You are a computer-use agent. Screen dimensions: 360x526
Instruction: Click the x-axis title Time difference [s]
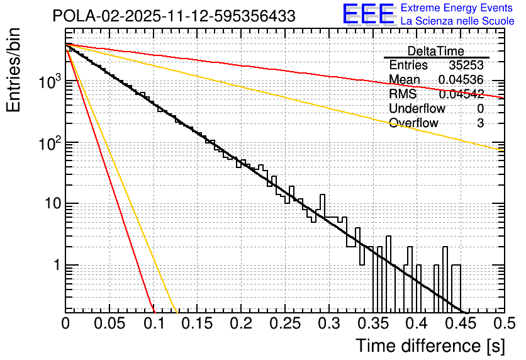tap(429, 345)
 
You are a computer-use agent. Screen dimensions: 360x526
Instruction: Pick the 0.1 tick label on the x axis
tap(154, 324)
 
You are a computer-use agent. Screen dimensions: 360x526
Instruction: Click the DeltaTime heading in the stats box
tap(435, 51)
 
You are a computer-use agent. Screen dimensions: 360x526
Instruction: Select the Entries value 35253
tap(466, 65)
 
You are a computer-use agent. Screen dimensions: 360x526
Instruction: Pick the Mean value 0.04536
tap(461, 80)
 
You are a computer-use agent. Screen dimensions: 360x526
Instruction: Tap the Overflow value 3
tap(480, 123)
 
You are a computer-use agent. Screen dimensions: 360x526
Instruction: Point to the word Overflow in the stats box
tap(413, 123)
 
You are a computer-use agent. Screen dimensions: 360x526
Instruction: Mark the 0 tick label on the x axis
tap(65, 324)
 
